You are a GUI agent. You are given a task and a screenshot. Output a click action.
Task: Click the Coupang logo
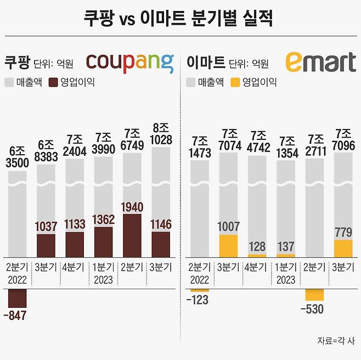tap(130, 63)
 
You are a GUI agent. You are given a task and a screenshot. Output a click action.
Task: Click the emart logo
tap(320, 63)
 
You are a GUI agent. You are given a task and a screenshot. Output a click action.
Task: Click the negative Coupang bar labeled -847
tap(17, 298)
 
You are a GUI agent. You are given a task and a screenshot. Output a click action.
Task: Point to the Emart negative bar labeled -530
tap(314, 295)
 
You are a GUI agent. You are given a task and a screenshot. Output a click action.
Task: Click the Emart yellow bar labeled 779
tap(343, 248)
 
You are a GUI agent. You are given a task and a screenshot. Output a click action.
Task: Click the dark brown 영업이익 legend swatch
tap(53, 83)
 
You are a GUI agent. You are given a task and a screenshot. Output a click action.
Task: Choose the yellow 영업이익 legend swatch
tap(235, 83)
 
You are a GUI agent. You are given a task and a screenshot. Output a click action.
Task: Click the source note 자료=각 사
tap(336, 340)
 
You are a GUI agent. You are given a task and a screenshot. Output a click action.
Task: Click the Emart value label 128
tap(257, 246)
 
